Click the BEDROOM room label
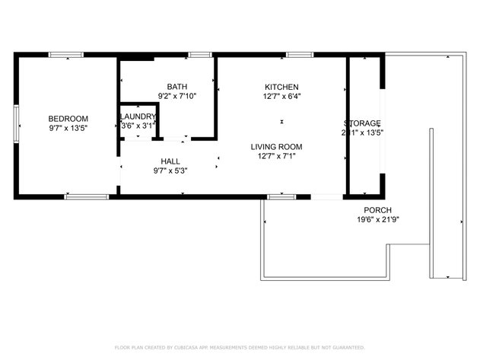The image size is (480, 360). pos(68,118)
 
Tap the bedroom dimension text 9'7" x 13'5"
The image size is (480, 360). pos(68,128)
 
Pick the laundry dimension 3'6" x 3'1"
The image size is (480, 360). pos(138,125)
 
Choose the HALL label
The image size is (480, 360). pos(170,161)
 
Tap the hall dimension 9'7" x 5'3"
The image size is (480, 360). pos(170,170)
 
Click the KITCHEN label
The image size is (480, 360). pos(281,86)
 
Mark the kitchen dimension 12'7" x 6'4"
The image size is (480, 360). pos(281,96)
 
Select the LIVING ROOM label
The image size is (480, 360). pos(277,146)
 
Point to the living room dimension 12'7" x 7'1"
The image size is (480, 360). pos(277,156)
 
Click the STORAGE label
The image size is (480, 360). pos(362,123)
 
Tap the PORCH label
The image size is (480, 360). pos(377,210)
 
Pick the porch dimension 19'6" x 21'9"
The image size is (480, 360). pos(377,220)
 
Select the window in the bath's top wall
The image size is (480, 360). pos(200,55)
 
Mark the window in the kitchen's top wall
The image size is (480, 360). pos(299,55)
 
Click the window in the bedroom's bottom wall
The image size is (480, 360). pos(86,197)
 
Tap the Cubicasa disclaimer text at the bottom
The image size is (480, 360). pos(240,347)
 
